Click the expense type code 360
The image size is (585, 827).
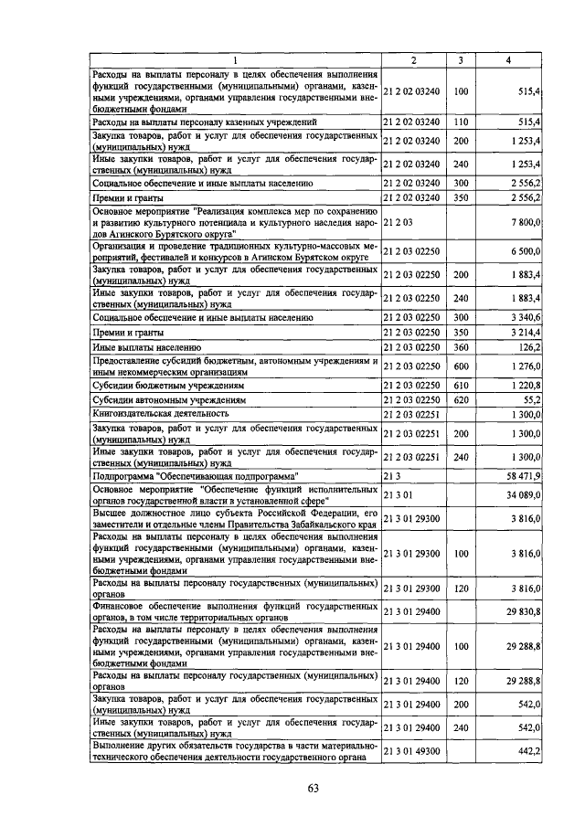click(x=461, y=347)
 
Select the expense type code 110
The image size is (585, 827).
click(x=461, y=121)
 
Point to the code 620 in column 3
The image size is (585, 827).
click(x=461, y=399)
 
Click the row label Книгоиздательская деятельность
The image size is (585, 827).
click(x=161, y=414)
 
